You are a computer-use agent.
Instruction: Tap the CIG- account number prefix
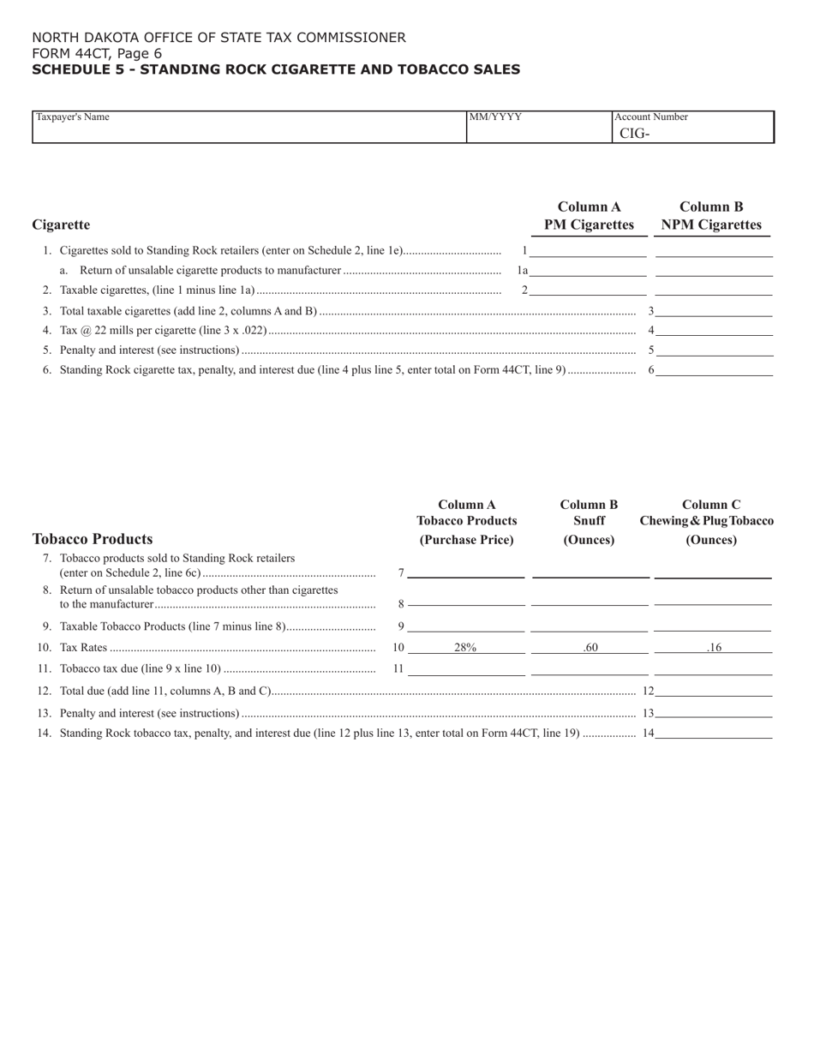tap(635, 133)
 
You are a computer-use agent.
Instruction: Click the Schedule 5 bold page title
tap(275, 69)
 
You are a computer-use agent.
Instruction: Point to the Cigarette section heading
tap(61, 225)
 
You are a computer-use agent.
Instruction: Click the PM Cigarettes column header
tap(589, 216)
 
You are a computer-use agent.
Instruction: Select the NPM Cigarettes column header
tap(711, 216)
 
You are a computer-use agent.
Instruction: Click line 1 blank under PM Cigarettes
tap(589, 250)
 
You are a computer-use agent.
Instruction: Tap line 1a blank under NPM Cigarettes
tap(714, 270)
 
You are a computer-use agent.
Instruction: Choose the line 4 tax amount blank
tap(714, 329)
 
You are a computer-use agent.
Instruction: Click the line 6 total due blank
tap(714, 369)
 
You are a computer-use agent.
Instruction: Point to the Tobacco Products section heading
tap(93, 539)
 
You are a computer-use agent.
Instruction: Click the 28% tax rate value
tap(465, 648)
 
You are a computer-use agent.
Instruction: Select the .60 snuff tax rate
tap(590, 648)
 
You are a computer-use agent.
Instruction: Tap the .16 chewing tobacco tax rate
tap(714, 648)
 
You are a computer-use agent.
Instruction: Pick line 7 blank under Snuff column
tap(590, 572)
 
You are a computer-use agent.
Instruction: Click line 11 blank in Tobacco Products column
tap(466, 668)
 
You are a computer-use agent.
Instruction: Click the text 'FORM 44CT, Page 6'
tap(97, 53)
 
